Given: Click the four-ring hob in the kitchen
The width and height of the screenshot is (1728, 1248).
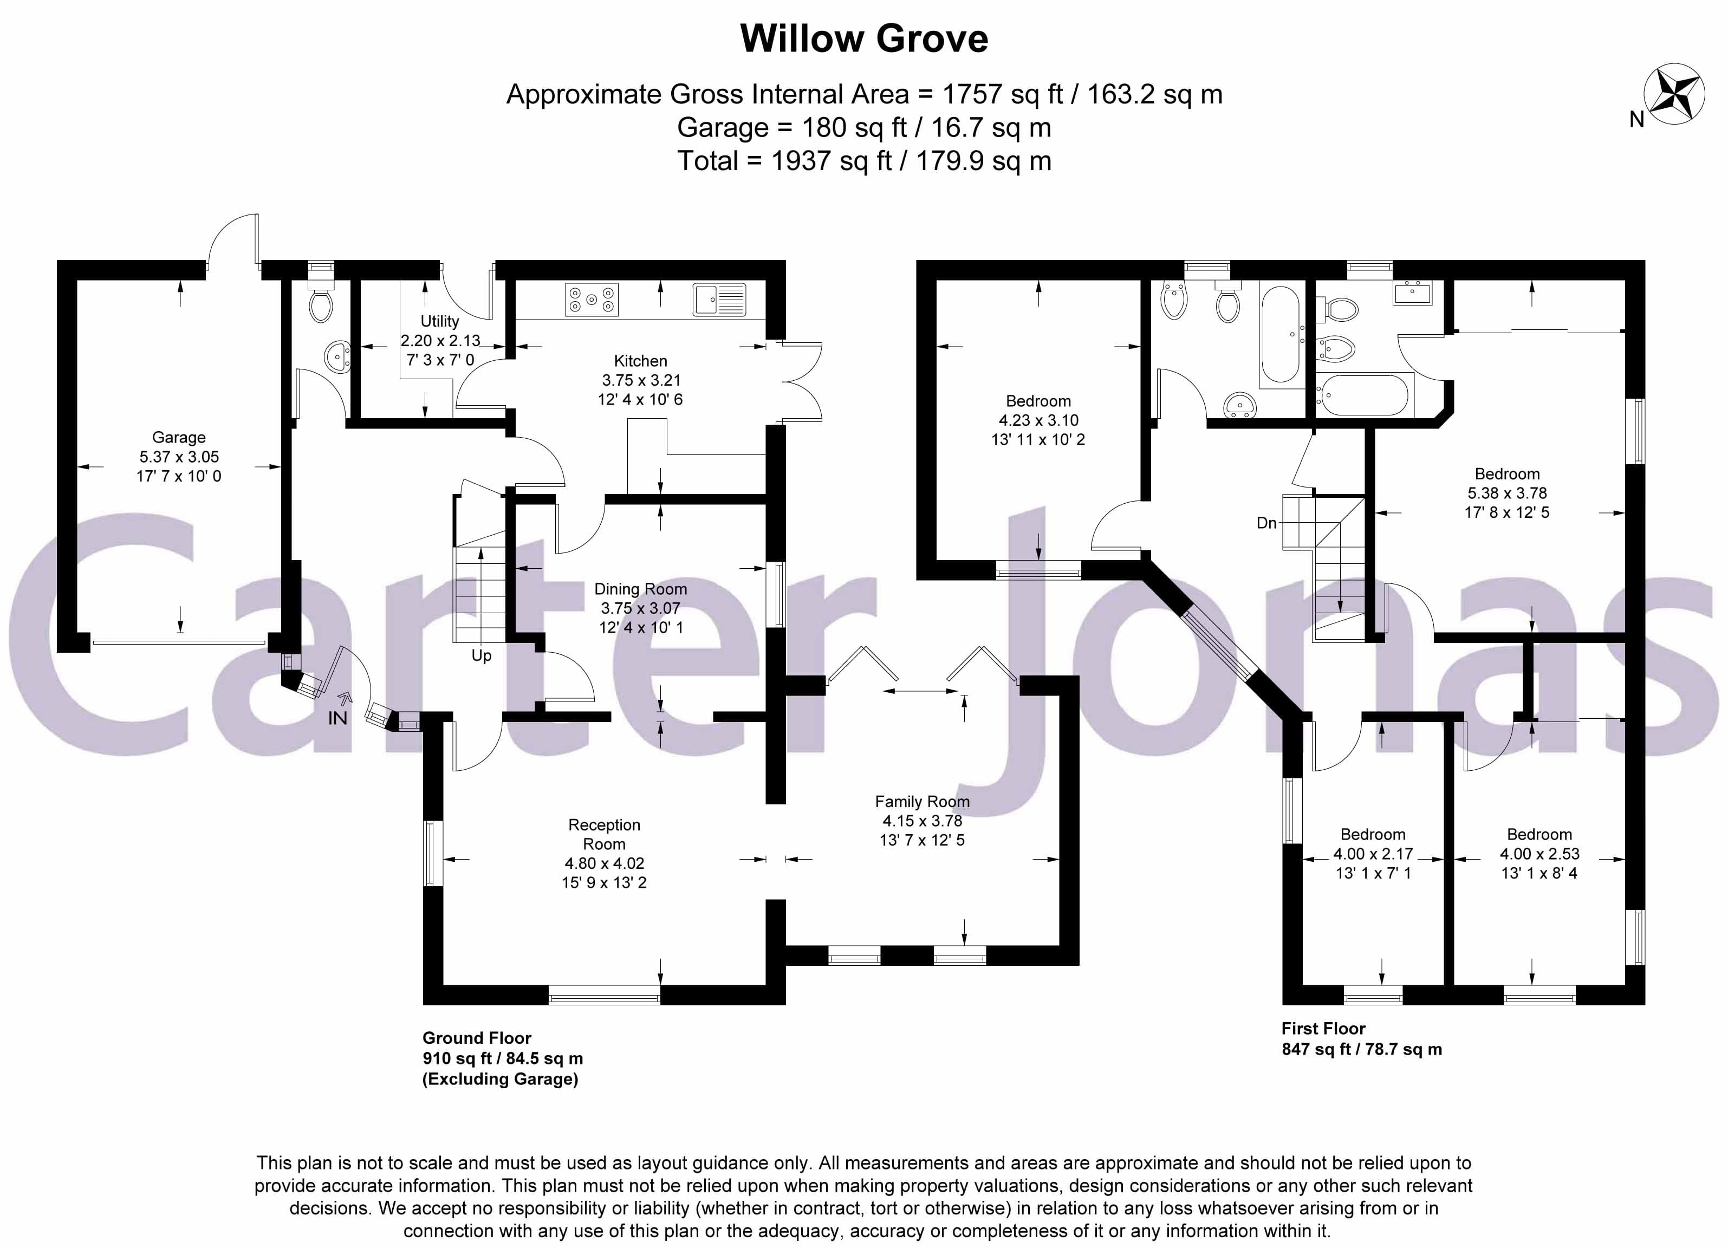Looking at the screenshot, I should tap(591, 300).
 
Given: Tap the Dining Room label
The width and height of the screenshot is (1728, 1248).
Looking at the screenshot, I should tap(640, 589).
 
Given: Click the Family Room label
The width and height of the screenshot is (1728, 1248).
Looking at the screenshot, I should tap(922, 802).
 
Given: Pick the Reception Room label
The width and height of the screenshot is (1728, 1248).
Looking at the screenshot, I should tap(604, 834).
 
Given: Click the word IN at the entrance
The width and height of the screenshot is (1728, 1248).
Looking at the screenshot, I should tap(337, 718).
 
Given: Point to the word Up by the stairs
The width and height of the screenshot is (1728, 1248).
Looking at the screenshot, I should tap(482, 656).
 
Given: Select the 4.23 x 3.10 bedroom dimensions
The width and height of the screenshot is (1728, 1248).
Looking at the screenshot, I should tap(1038, 420).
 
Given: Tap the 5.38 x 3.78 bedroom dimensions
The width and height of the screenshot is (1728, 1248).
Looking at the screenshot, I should tap(1507, 493).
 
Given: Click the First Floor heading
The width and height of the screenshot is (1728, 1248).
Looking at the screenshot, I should tap(1323, 1029).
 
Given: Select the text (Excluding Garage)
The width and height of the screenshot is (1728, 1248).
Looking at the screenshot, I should tap(501, 1079).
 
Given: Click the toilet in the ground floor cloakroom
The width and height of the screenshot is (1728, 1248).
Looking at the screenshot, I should tap(320, 306).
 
